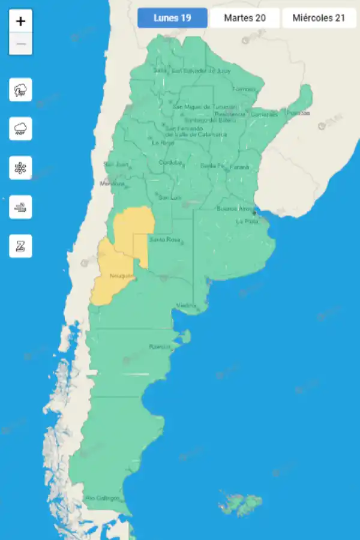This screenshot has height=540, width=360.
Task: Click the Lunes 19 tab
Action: pos(172,18)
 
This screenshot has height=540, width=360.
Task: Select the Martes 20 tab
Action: pos(245,18)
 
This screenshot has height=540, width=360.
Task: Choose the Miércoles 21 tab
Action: pos(319,18)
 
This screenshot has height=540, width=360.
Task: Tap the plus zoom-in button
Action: pos(21,22)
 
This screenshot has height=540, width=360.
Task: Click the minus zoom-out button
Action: pos(21,44)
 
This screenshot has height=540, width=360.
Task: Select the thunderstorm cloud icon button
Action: pos(21,91)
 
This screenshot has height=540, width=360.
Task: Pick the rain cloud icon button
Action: pos(21,129)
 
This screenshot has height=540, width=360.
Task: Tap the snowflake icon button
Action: pos(21,168)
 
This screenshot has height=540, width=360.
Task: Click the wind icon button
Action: pos(21,207)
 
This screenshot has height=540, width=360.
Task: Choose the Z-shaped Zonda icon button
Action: pos(21,246)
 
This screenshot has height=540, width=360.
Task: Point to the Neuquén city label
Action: pos(122,276)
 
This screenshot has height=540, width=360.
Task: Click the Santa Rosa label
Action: pos(164,240)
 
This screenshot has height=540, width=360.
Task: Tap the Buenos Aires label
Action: pos(235,209)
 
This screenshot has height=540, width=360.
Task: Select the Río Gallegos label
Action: pos(103,498)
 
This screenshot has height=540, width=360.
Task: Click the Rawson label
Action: pos(160,347)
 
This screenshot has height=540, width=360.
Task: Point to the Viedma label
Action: pos(186,306)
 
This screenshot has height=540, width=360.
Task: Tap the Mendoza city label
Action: pos(112,184)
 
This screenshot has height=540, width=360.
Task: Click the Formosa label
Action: pos(244,89)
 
